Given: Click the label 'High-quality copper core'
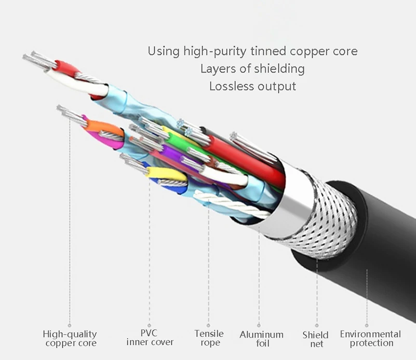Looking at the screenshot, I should click(x=70, y=339).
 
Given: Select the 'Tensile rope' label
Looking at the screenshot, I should click(x=209, y=338).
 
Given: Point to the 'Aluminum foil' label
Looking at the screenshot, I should click(x=261, y=339).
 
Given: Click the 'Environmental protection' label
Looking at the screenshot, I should click(x=370, y=338).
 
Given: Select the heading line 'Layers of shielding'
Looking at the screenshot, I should click(x=252, y=68).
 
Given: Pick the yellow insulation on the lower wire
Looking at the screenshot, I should click(x=161, y=173).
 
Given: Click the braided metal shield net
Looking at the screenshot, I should click(x=332, y=218).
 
